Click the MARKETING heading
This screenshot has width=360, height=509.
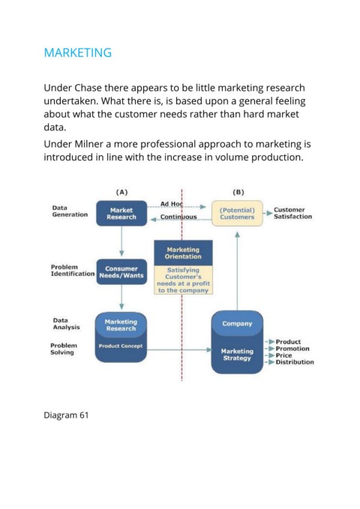click(x=78, y=52)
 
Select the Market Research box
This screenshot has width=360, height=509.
click(x=121, y=214)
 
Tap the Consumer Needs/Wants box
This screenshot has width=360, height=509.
click(x=121, y=272)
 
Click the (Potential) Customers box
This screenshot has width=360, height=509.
click(x=237, y=214)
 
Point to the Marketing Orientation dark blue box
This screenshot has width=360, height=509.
click(x=183, y=253)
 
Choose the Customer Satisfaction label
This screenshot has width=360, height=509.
click(x=292, y=214)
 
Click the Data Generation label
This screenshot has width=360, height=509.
click(x=70, y=211)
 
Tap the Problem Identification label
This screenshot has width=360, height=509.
click(x=73, y=271)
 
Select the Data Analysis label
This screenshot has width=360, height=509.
click(x=66, y=324)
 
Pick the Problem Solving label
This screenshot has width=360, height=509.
click(x=64, y=349)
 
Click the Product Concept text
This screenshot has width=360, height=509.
click(x=121, y=346)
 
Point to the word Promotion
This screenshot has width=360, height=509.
click(x=292, y=349)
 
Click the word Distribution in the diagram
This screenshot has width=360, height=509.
click(x=295, y=362)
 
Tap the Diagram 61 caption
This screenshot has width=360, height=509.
click(x=66, y=415)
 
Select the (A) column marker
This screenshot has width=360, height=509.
click(x=121, y=192)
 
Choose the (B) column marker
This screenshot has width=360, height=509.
click(x=238, y=192)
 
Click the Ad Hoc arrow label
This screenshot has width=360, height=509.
click(x=172, y=204)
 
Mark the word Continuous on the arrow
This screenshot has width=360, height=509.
click(x=178, y=217)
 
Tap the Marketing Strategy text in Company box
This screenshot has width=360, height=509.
click(x=237, y=355)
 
